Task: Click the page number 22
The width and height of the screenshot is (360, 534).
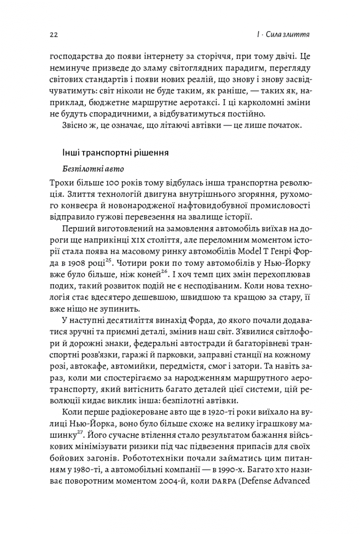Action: [55, 34]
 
